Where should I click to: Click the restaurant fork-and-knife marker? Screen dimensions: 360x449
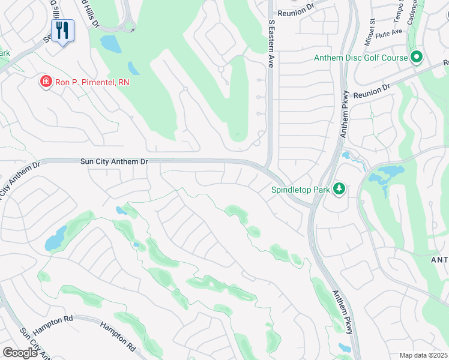click(x=62, y=31)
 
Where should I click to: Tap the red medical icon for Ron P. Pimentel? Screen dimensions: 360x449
click(x=45, y=81)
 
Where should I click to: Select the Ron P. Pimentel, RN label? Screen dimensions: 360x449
click(x=92, y=82)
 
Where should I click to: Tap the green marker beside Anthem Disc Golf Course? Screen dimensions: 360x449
click(x=417, y=58)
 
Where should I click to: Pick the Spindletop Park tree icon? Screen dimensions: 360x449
click(x=340, y=189)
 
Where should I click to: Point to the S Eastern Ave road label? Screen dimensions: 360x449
click(x=271, y=42)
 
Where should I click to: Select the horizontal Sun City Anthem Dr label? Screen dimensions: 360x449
click(x=113, y=161)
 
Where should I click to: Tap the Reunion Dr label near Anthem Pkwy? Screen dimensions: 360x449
click(x=372, y=91)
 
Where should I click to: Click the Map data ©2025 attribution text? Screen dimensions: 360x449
click(x=423, y=355)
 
